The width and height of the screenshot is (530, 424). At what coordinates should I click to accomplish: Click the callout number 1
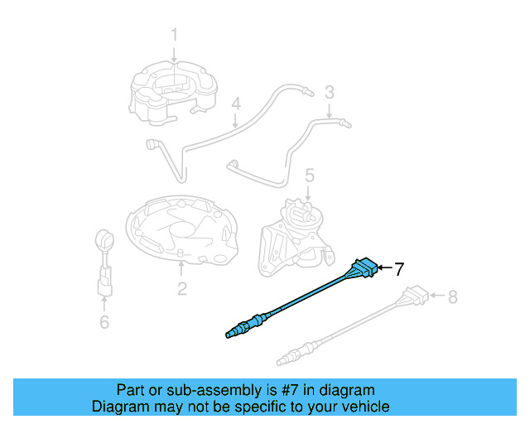coord(175,35)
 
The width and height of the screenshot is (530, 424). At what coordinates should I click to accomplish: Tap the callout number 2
coord(181,288)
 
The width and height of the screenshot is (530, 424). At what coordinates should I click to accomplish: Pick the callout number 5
coord(309,176)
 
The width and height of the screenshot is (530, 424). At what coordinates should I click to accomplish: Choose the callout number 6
coord(104,322)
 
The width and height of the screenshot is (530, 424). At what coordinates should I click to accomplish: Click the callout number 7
coord(398,269)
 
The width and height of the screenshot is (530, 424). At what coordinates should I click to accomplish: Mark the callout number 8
coord(452,296)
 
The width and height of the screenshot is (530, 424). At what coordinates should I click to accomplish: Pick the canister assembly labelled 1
coord(175,89)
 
